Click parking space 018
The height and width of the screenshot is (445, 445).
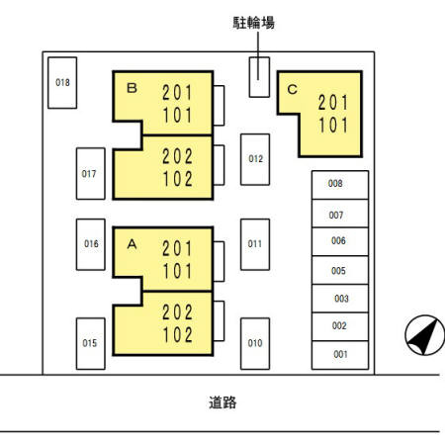[62, 83]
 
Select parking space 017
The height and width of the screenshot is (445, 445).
[91, 174]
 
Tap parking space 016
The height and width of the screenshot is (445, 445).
[91, 244]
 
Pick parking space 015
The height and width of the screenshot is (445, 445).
[91, 343]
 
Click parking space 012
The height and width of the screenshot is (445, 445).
[255, 159]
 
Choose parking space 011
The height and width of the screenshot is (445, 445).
[255, 244]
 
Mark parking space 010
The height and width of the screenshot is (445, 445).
[255, 343]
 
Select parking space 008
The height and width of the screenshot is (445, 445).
[340, 185]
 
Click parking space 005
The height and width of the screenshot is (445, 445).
[340, 270]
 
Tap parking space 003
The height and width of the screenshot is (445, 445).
[340, 299]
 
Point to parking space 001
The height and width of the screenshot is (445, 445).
[340, 355]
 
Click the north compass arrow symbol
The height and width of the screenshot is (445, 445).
[425, 335]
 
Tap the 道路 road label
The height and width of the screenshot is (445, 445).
[222, 402]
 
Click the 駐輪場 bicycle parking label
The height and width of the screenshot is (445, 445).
[253, 23]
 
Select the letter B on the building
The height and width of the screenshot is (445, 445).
[132, 88]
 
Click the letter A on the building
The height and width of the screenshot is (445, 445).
[132, 244]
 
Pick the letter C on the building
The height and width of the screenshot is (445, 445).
[293, 89]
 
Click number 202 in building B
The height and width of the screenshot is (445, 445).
[177, 156]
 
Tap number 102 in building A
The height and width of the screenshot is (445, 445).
[177, 335]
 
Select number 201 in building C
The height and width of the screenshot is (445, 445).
[333, 103]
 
